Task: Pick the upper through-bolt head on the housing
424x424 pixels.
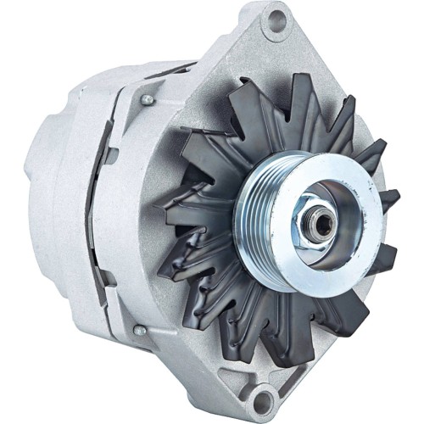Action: coord(148,99)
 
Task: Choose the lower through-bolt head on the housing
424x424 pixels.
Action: coord(137,330)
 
